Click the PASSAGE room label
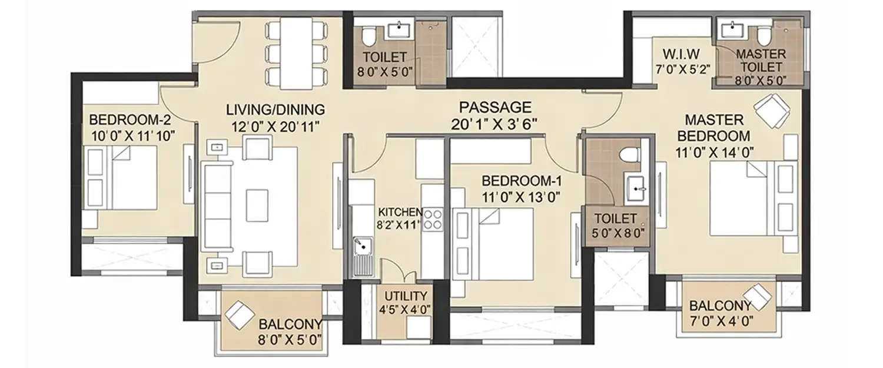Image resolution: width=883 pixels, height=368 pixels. pyautogui.click(x=495, y=107)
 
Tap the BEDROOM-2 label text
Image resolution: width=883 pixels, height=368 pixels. pyautogui.click(x=130, y=120)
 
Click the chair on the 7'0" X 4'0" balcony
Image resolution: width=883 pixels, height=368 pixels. pyautogui.click(x=759, y=297)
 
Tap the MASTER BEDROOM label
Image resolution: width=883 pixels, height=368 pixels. pyautogui.click(x=713, y=128)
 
